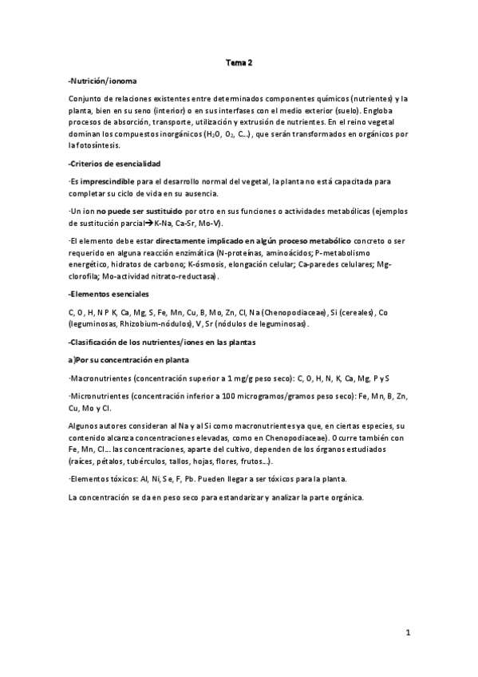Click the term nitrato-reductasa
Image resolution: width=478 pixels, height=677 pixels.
190,276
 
